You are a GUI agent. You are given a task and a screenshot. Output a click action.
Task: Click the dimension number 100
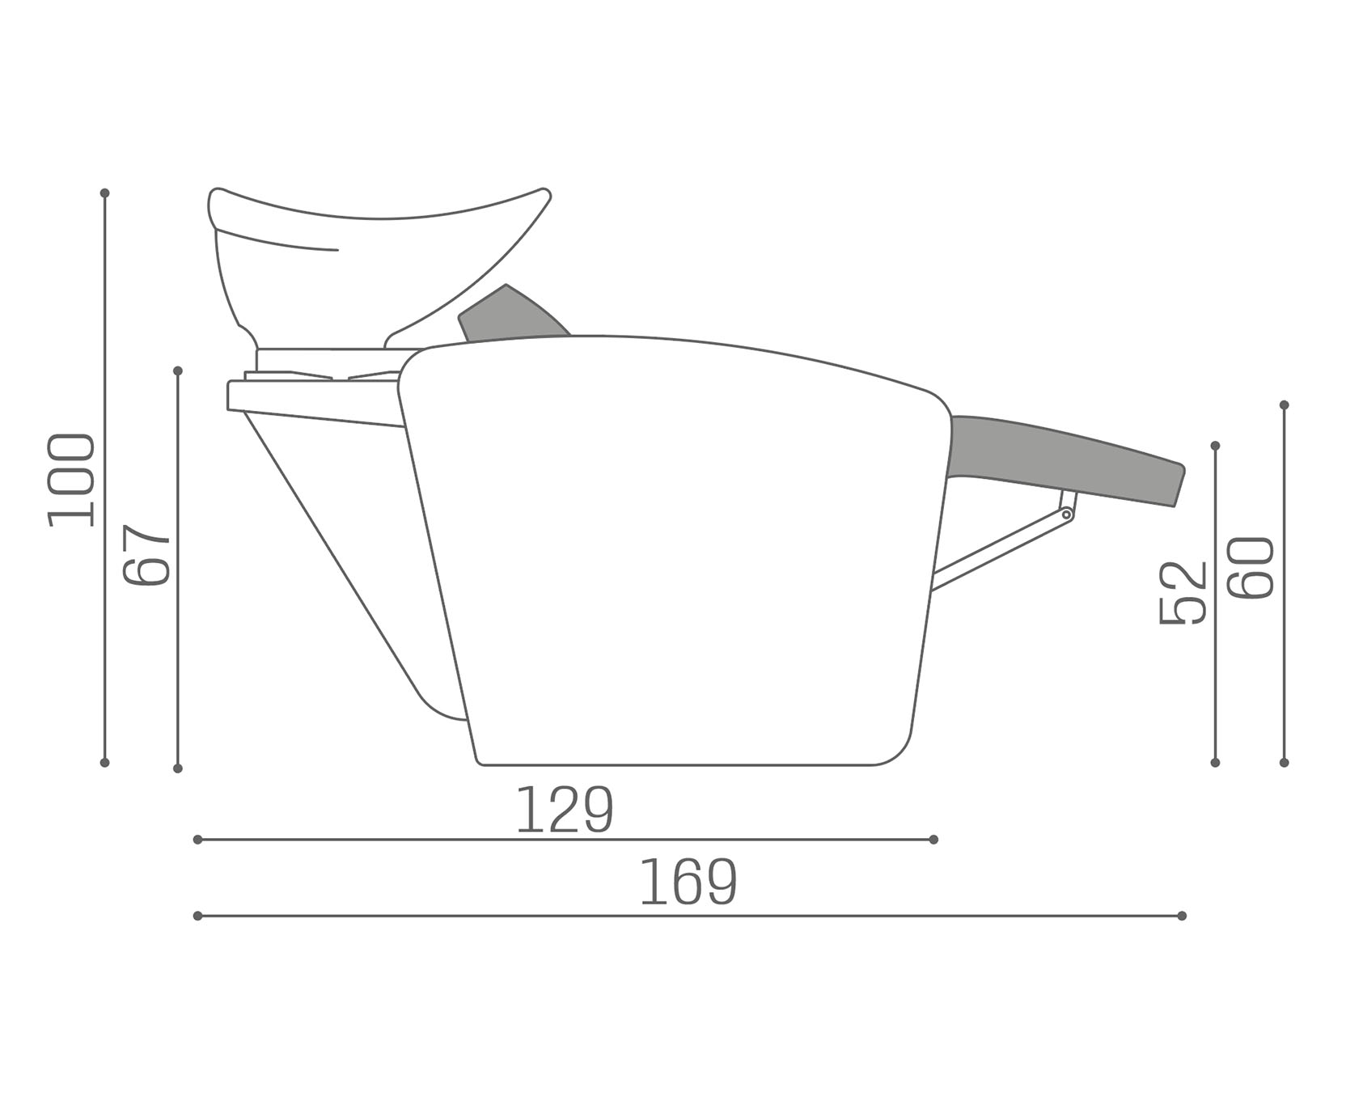(71, 481)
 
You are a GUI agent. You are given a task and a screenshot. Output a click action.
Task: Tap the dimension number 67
(146, 555)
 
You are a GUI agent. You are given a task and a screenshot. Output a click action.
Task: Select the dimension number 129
(565, 810)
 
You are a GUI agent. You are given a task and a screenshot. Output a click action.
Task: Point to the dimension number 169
(688, 883)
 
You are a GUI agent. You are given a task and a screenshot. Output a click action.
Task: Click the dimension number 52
(1183, 593)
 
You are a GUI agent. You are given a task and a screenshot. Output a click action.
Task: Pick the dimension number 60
(1251, 568)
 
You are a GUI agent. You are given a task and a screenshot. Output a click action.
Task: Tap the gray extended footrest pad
(1066, 459)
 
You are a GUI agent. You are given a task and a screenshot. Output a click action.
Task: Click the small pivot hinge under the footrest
(1066, 514)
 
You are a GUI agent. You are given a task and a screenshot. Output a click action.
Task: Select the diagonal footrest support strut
(999, 548)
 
